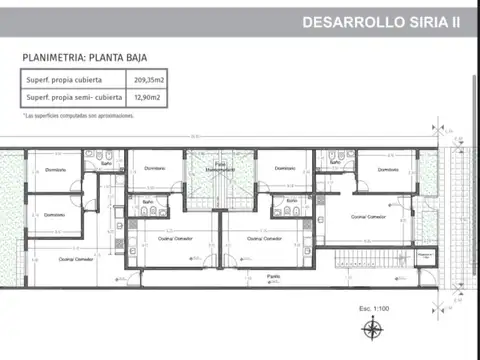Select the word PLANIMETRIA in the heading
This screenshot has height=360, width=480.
(60, 58)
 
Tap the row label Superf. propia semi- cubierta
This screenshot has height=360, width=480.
(72, 97)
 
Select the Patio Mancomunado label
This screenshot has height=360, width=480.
(222, 167)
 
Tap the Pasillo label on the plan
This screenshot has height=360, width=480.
(272, 275)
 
